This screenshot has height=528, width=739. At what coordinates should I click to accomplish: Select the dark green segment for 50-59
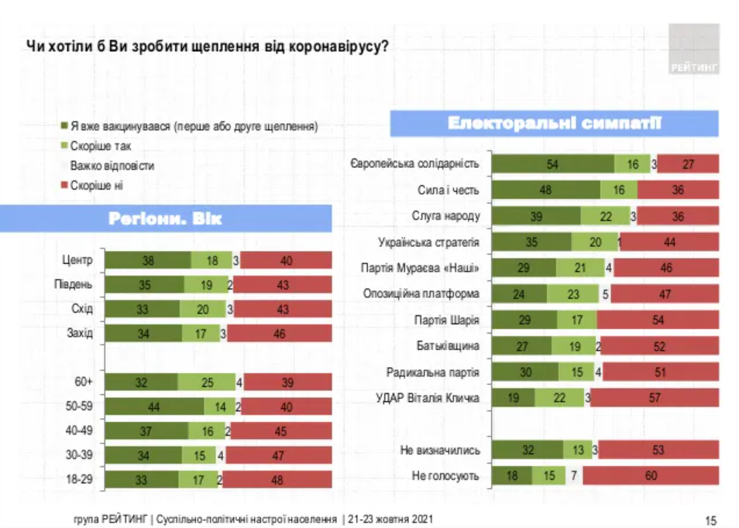click(x=155, y=406)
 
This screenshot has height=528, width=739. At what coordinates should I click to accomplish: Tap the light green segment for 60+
click(x=206, y=382)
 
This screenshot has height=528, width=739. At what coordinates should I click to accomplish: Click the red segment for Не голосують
click(x=651, y=475)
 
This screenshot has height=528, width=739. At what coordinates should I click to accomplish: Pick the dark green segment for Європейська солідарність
click(x=553, y=163)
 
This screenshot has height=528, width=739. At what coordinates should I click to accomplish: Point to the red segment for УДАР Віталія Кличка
click(x=655, y=398)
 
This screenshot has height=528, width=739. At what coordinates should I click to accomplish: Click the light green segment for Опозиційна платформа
click(x=573, y=294)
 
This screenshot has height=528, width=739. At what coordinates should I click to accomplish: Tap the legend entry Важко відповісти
click(x=112, y=166)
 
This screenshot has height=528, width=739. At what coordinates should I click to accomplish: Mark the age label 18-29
click(x=79, y=480)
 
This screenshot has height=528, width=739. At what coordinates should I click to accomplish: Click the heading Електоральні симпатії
click(x=554, y=124)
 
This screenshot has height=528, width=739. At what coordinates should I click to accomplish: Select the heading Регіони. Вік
click(x=165, y=219)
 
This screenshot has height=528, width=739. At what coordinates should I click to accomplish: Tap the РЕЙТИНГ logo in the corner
click(x=694, y=51)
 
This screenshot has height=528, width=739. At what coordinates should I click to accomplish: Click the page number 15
click(x=711, y=519)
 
